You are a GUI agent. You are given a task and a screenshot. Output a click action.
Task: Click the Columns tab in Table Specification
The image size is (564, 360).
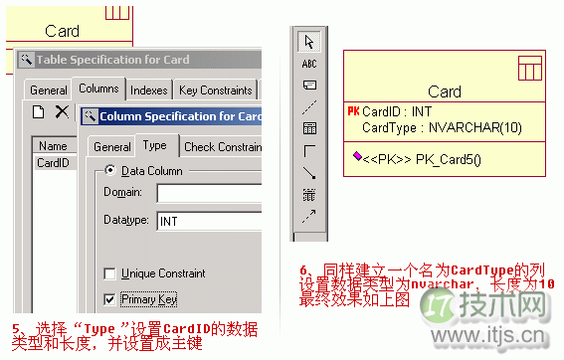tap(98, 89)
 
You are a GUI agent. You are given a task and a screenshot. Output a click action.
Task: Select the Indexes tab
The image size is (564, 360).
tap(148, 90)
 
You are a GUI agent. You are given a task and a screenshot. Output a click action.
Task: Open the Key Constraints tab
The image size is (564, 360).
tap(215, 90)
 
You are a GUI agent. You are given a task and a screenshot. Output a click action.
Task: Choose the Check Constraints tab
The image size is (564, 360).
tap(221, 146)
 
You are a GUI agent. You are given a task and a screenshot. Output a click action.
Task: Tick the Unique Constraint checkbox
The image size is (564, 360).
tap(110, 273)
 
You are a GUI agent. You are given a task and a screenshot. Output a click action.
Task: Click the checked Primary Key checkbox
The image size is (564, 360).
tap(110, 298)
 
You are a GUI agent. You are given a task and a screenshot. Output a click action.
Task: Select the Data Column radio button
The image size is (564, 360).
tap(110, 171)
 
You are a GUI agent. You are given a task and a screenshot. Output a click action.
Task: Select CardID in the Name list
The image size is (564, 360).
tap(52, 162)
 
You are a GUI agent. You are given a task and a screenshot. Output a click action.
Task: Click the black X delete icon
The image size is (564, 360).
tap(62, 112)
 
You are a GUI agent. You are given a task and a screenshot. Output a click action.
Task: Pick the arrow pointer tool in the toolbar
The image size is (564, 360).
tap(309, 41)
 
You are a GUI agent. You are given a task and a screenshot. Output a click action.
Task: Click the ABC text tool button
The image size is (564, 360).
tap(309, 63)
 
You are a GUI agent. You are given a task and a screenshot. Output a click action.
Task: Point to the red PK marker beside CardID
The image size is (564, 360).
tap(353, 112)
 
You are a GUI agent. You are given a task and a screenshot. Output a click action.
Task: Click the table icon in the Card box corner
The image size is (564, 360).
tap(529, 68)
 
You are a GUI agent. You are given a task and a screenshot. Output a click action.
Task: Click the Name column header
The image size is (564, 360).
tap(52, 145)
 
